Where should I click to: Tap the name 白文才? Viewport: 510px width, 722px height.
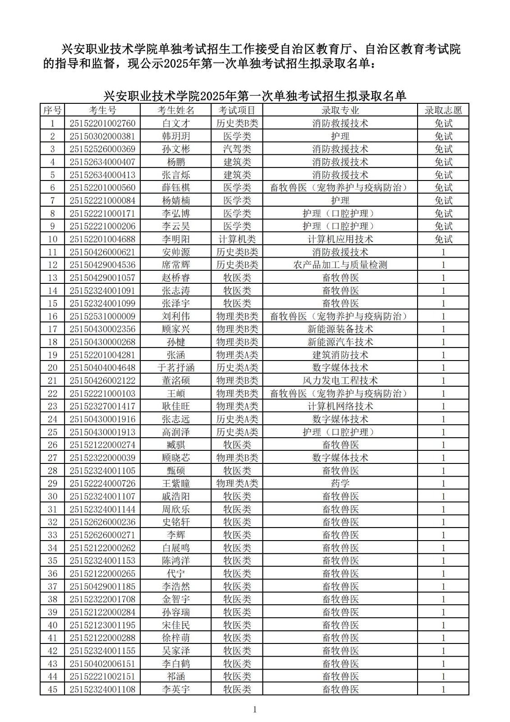[175, 123]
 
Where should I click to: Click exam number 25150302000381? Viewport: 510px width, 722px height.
[102, 136]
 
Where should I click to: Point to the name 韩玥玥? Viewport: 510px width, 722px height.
[175, 136]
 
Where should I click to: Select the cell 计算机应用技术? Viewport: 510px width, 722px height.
[340, 239]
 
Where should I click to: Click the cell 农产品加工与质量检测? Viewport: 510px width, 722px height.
[340, 265]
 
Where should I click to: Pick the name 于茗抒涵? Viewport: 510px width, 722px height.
[175, 368]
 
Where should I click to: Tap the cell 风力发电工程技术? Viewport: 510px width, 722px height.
[340, 380]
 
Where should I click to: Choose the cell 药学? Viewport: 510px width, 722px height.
[340, 483]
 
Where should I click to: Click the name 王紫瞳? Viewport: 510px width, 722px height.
[175, 483]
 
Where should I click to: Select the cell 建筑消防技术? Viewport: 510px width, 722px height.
[340, 355]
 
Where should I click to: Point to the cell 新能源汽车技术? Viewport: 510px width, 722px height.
[340, 342]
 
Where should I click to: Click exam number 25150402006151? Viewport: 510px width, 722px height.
[102, 663]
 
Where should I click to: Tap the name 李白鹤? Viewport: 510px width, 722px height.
[175, 663]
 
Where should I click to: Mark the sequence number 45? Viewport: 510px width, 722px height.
[52, 689]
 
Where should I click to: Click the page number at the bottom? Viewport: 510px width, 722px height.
[255, 710]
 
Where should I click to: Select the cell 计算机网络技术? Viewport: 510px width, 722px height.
[340, 406]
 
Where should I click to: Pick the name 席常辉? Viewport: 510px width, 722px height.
[175, 265]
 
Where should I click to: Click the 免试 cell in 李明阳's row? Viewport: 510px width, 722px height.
[443, 239]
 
